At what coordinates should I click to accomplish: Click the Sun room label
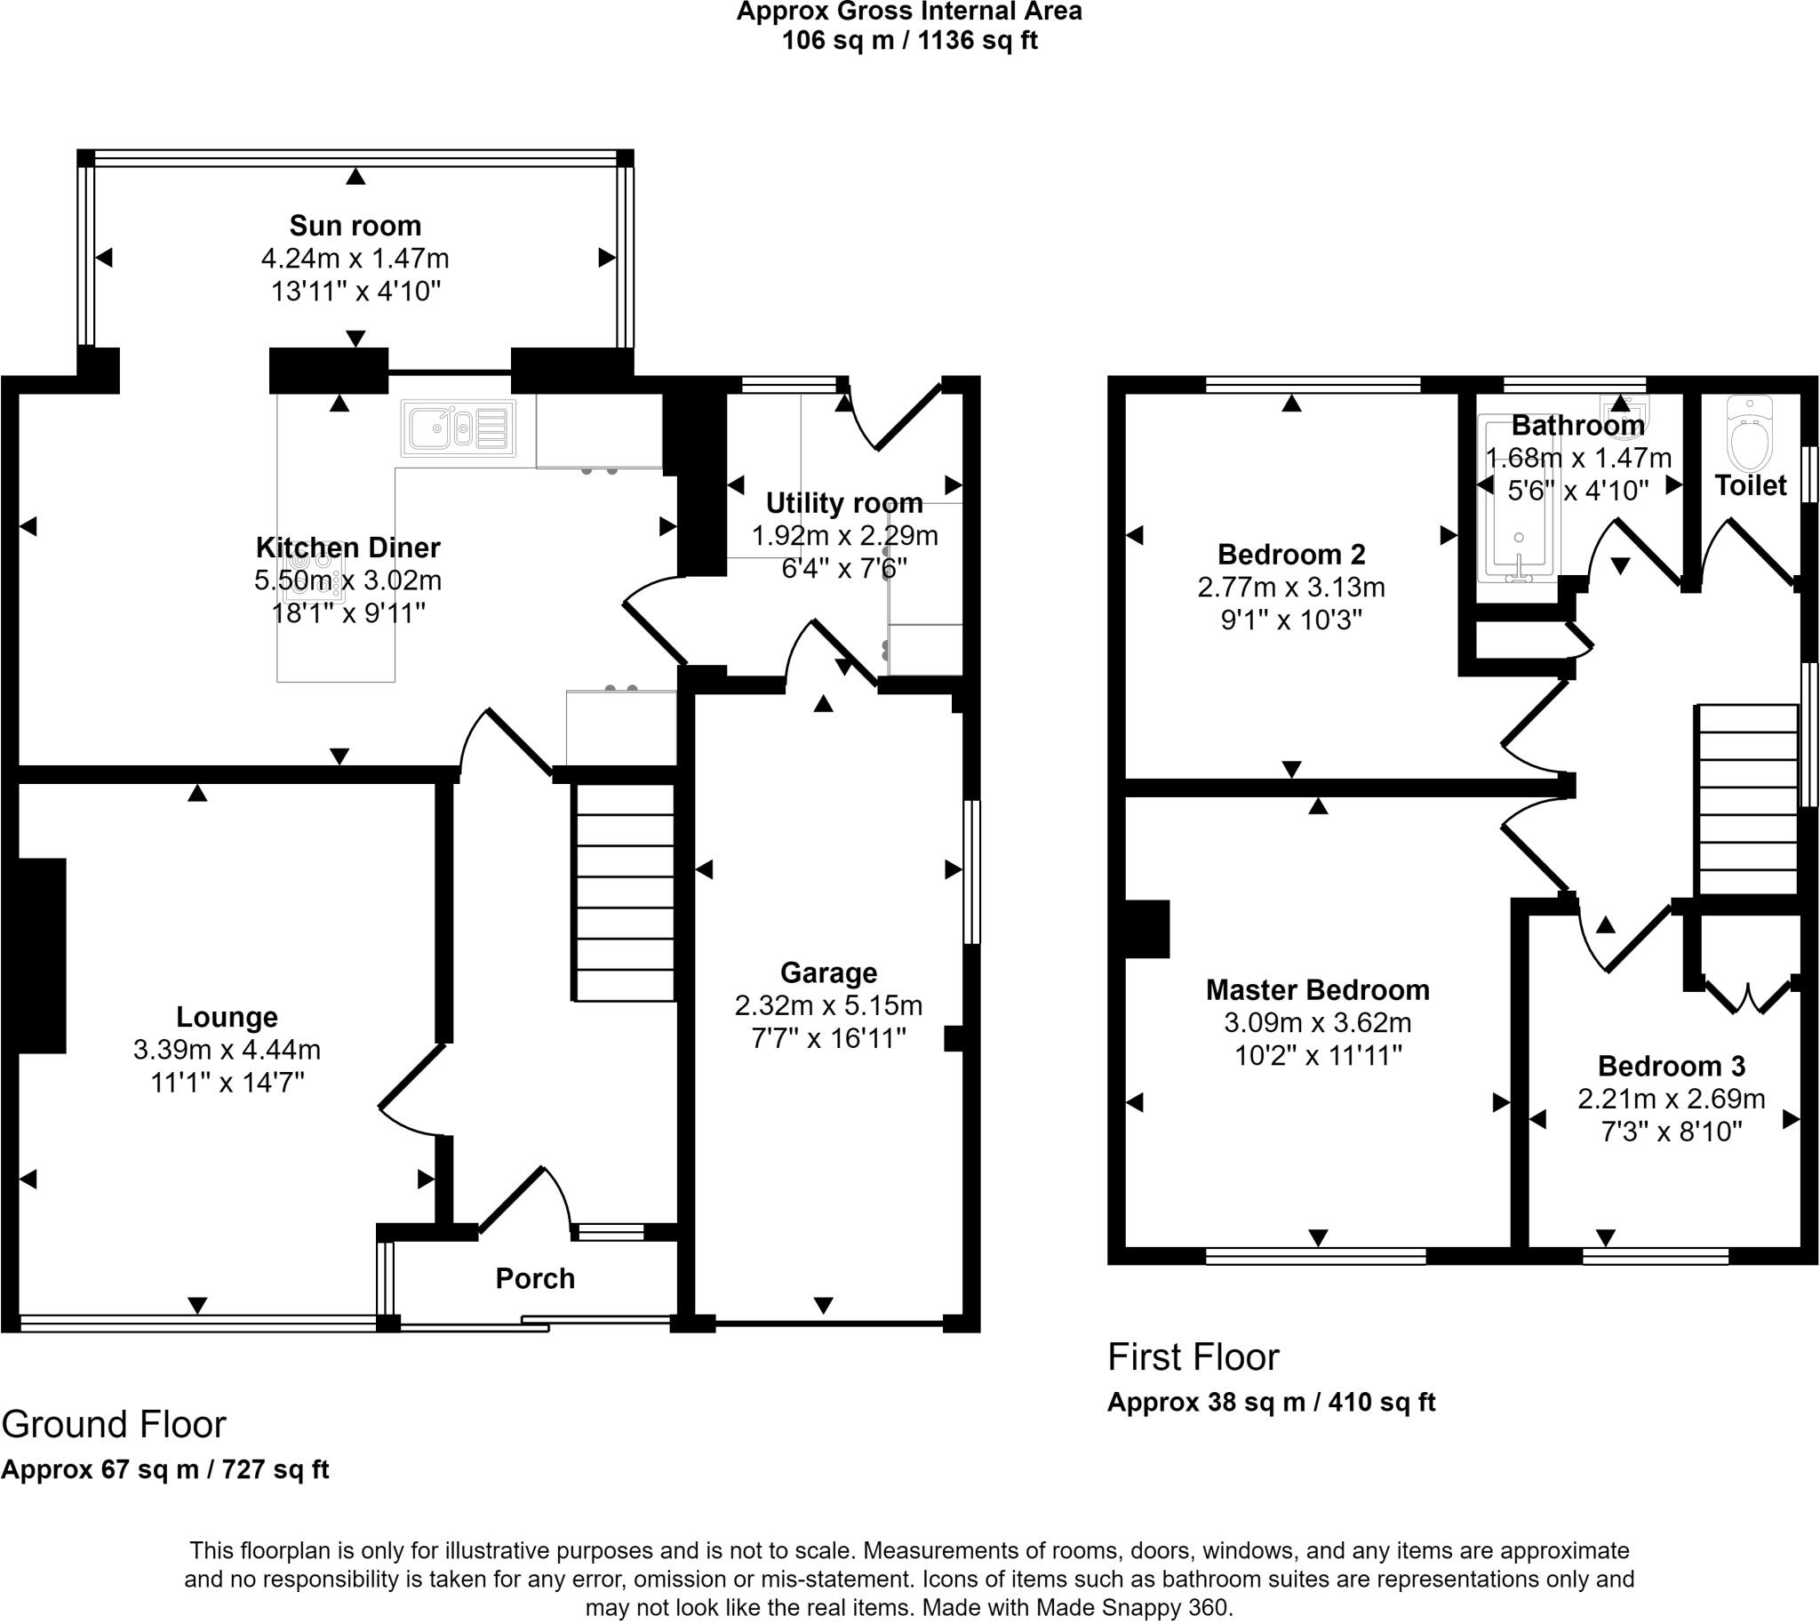pos(355,226)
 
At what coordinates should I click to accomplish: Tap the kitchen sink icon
pos(459,429)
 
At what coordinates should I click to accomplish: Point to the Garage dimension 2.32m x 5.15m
pos(828,1005)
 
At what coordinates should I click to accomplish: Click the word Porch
pos(535,1279)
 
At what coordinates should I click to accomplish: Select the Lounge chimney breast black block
pos(41,956)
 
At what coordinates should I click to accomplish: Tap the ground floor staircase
pos(624,892)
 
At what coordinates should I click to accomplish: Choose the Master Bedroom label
pos(1318,989)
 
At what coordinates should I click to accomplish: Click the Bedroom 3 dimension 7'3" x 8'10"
pos(1671,1132)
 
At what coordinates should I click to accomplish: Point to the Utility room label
pos(844,503)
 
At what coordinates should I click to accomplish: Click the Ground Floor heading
pos(115,1424)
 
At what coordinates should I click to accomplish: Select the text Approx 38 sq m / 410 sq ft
pos(1272,1402)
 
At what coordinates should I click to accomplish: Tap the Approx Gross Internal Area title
pos(909,12)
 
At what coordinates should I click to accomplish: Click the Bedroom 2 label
pos(1291,554)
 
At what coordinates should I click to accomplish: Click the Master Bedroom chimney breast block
pos(1147,929)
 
